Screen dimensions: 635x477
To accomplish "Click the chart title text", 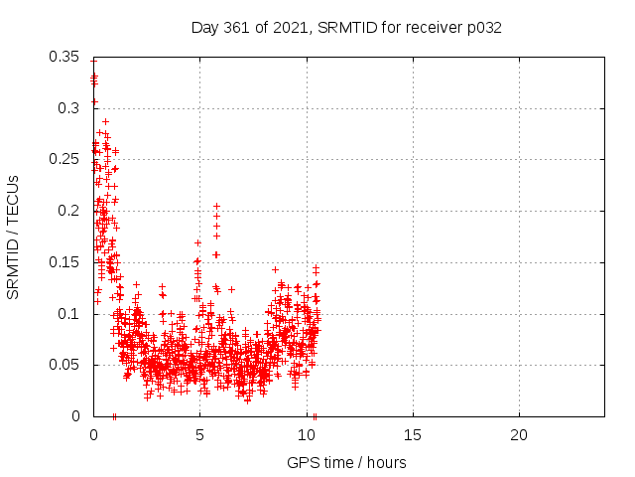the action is tap(346, 28).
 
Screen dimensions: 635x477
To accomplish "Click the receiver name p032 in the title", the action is tap(484, 29).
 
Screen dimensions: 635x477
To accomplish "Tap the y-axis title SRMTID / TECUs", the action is tap(13, 238).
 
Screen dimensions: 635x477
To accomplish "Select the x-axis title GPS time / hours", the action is tap(346, 462).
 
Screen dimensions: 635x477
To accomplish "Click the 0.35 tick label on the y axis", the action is tap(63, 57).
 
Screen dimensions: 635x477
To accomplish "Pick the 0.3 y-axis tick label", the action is tap(68, 108).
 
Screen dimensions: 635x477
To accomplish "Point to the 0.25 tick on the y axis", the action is tap(63, 159).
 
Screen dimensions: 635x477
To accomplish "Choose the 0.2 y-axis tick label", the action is tap(68, 211).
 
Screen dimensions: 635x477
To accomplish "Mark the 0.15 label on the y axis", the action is tap(63, 262).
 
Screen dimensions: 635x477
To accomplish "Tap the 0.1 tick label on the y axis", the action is tap(68, 314).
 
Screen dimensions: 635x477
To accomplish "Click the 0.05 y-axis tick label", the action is tap(63, 365).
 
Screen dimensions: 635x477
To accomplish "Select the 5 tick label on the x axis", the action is tap(199, 435).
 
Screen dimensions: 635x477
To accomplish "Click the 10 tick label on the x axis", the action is tap(307, 435).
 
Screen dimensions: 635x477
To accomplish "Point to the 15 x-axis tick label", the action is tap(413, 435).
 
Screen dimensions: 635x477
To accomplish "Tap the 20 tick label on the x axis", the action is tap(519, 435).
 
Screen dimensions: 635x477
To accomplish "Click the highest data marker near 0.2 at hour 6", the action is tap(216, 206).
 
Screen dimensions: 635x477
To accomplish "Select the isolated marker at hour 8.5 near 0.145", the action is tap(275, 269).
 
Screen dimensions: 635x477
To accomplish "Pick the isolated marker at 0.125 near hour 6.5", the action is tap(231, 289).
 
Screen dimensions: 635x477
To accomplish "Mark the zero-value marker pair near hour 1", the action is tap(114, 416).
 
